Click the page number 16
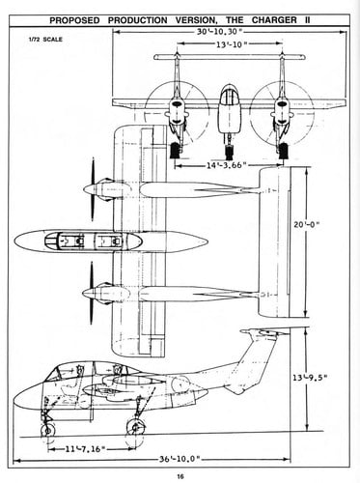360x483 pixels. pos(180,473)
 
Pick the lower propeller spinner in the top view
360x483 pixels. pos(90,292)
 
